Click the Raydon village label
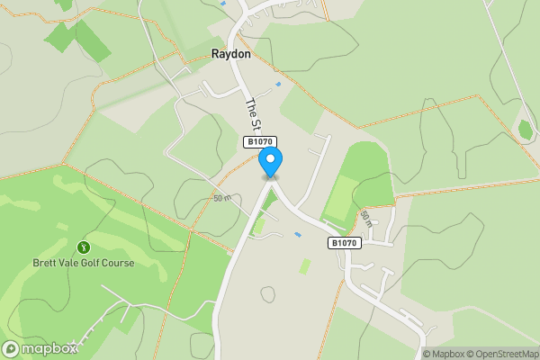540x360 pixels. (x=230, y=54)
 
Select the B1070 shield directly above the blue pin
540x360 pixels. (x=259, y=142)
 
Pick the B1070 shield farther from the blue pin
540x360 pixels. (x=344, y=243)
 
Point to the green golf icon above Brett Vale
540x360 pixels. (x=84, y=247)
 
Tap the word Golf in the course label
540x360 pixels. (x=94, y=263)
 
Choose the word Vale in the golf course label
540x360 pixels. (x=72, y=263)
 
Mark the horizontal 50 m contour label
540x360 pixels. (x=222, y=197)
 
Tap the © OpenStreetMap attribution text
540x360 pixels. (x=503, y=354)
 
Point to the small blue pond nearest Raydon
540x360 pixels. (x=278, y=85)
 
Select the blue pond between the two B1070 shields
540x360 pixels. (x=298, y=235)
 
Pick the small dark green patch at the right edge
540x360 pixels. (x=526, y=130)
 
